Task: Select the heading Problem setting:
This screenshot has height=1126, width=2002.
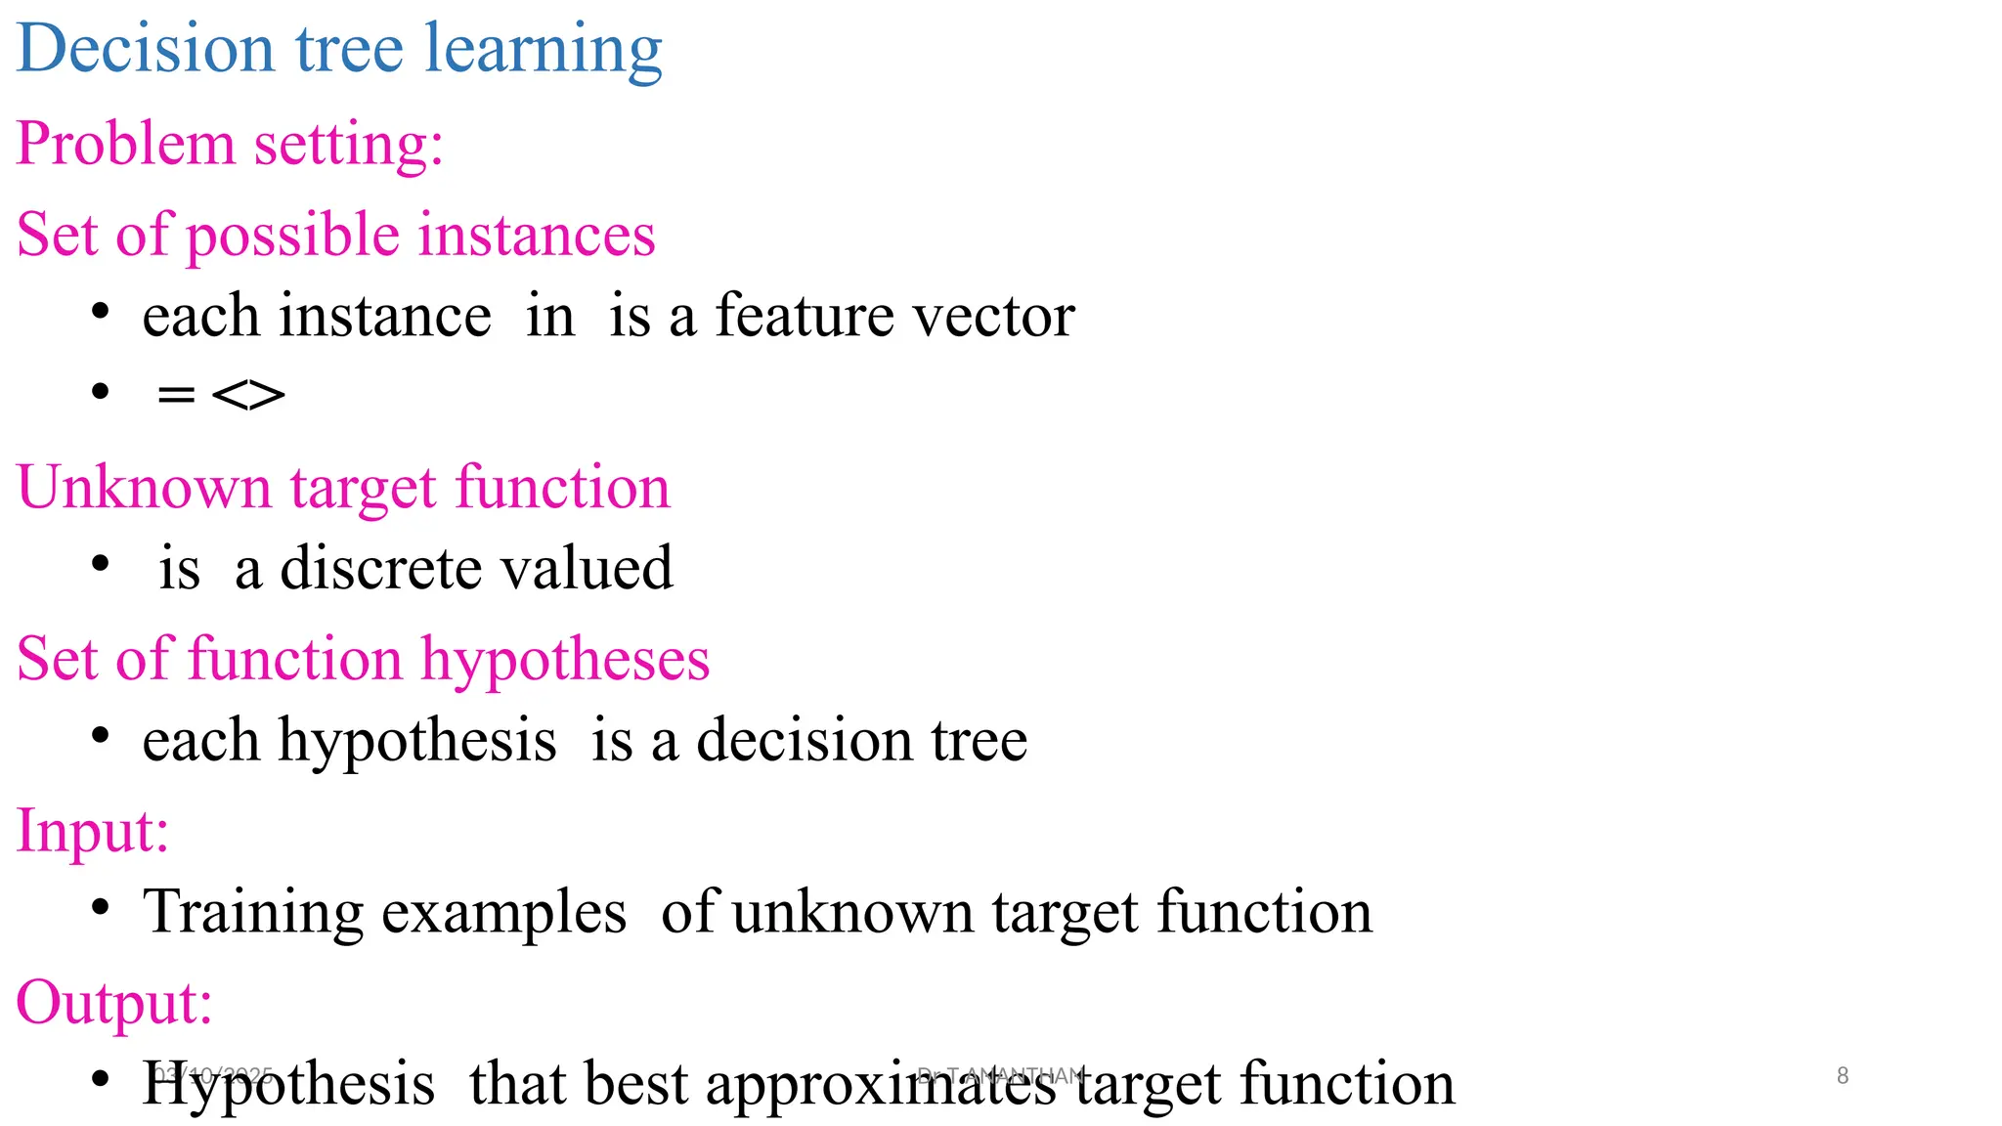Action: tap(231, 144)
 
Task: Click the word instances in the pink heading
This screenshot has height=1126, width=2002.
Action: tap(537, 236)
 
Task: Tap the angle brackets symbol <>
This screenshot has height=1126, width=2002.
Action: tap(248, 395)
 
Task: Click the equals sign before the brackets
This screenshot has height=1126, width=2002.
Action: tap(176, 395)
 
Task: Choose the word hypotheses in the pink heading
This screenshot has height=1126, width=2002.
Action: tap(565, 661)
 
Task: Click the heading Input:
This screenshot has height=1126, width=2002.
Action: tap(93, 832)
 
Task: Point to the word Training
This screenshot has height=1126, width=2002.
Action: tap(253, 912)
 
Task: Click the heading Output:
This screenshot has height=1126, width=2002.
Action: tap(114, 1003)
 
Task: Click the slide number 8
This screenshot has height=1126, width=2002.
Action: tap(1843, 1075)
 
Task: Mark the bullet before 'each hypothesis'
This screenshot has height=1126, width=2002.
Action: tap(100, 737)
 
